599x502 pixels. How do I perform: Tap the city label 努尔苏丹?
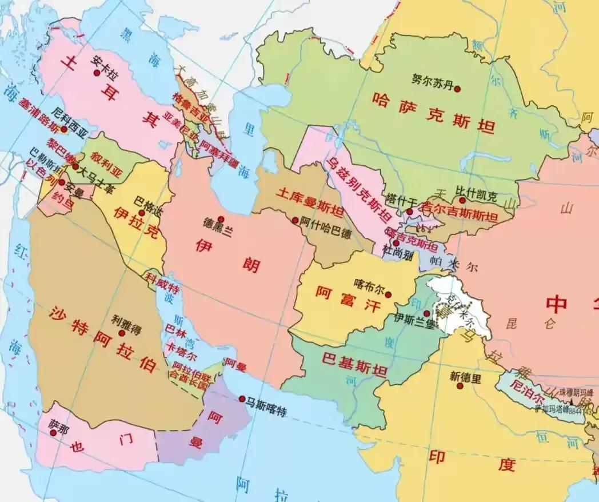pyautogui.click(x=432, y=79)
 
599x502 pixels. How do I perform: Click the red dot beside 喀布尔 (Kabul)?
pyautogui.click(x=388, y=295)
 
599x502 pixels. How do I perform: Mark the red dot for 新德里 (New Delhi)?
pyautogui.click(x=460, y=386)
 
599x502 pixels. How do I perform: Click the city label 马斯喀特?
pyautogui.click(x=266, y=409)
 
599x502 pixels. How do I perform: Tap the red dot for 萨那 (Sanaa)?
pyautogui.click(x=53, y=433)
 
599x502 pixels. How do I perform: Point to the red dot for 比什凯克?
pyautogui.click(x=462, y=201)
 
